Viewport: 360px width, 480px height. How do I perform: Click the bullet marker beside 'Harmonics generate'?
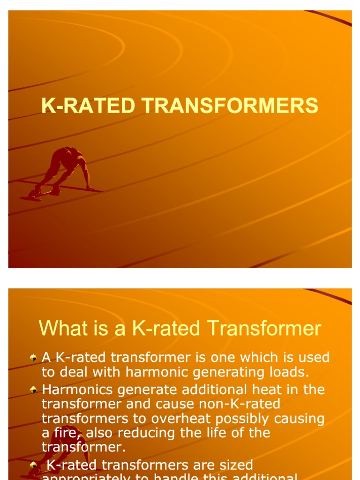click(x=33, y=390)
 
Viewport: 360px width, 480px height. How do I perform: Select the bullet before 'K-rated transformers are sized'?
click(x=33, y=465)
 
